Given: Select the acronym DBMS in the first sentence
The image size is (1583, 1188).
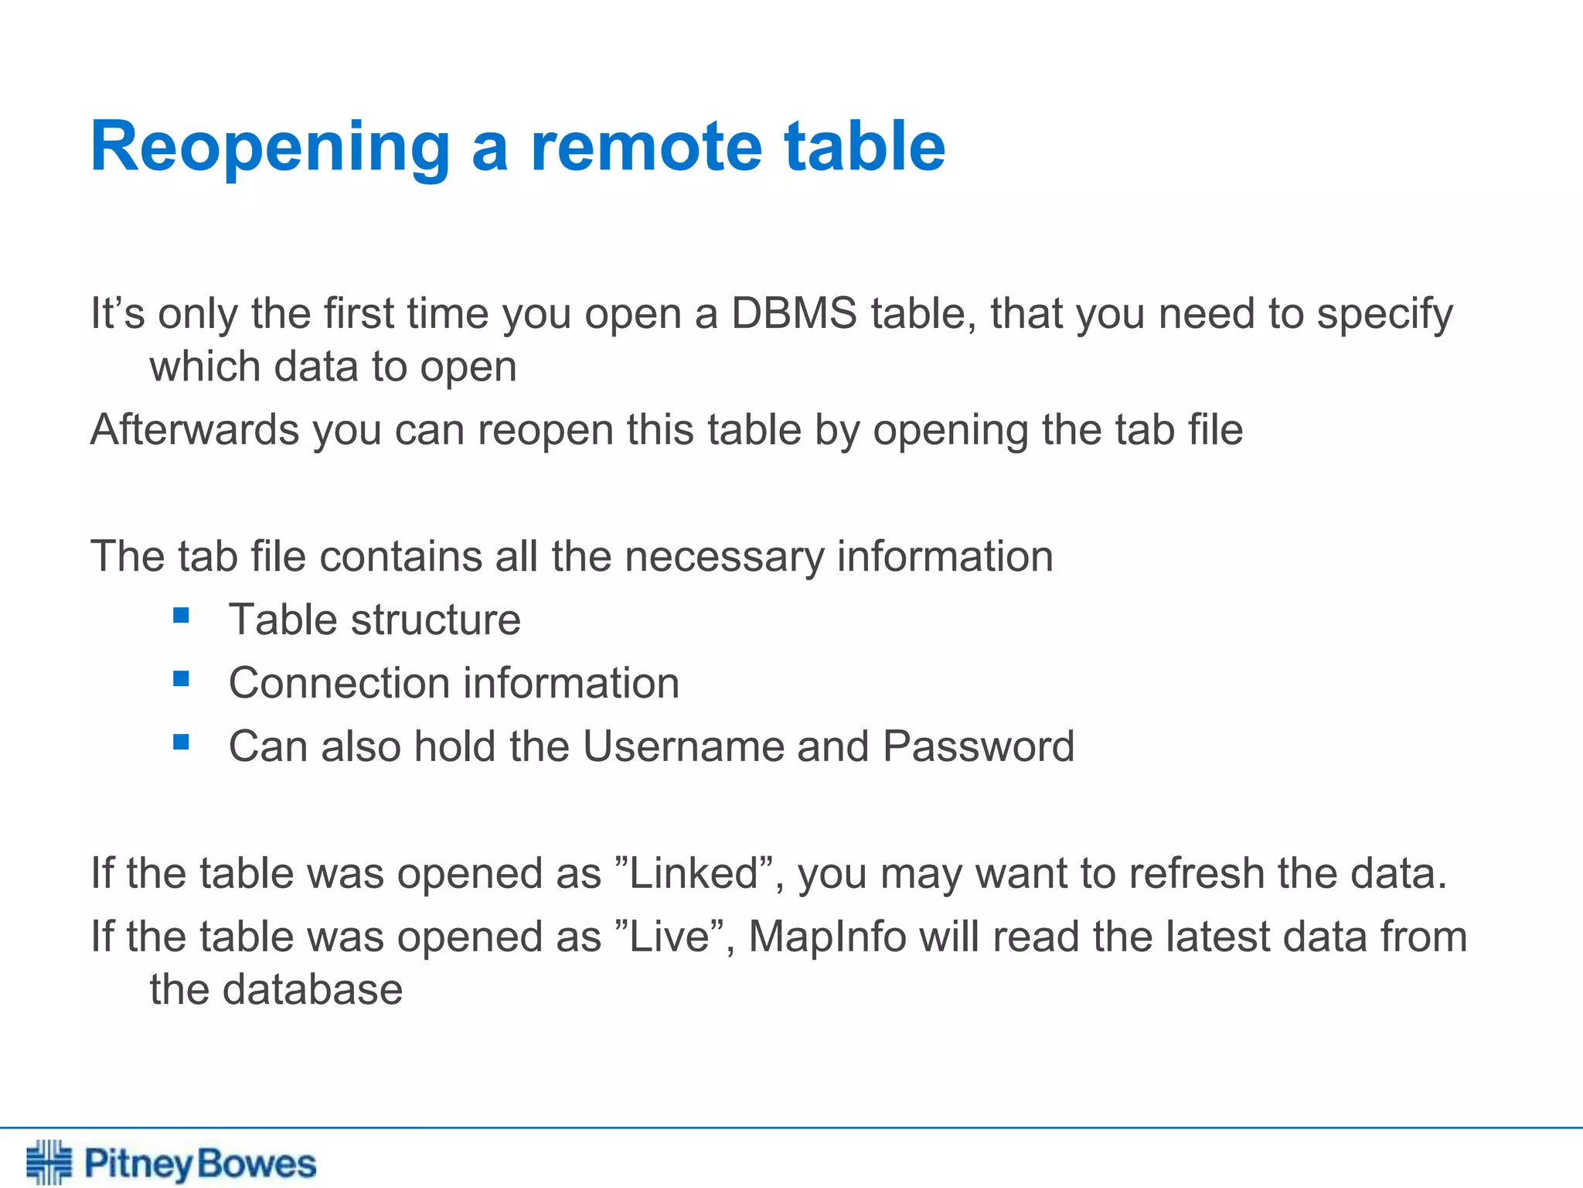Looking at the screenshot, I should [x=794, y=314].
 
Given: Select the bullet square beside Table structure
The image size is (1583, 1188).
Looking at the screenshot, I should [x=182, y=616].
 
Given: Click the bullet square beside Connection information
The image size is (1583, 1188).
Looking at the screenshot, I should [x=182, y=679].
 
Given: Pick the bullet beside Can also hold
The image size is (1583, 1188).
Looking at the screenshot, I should [x=182, y=742].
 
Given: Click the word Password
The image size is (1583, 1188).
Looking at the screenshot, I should [x=978, y=746].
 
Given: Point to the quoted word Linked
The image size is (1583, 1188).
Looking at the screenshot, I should [x=693, y=873].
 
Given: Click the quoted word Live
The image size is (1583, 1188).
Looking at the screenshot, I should [x=669, y=937].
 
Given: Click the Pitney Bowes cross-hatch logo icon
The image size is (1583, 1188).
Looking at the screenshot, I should [x=49, y=1162].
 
